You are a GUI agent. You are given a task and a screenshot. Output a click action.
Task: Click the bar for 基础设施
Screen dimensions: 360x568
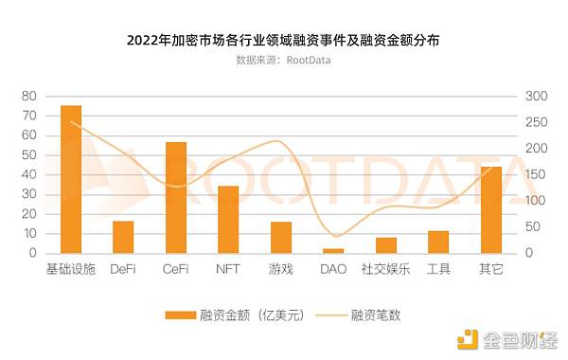point(71,179)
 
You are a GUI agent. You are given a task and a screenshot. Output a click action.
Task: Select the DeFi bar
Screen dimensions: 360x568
point(123,237)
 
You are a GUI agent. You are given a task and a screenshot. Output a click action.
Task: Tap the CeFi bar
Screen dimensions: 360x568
point(176,197)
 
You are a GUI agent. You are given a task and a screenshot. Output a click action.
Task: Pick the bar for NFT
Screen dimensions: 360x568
point(228,219)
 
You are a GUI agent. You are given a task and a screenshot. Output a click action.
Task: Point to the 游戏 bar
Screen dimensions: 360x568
point(281,237)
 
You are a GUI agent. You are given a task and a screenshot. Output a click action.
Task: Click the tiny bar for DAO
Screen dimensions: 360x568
point(333,251)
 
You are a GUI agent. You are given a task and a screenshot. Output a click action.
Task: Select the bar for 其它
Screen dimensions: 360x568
point(490,209)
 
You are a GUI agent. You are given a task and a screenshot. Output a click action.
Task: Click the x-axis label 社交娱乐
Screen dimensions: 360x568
point(385,269)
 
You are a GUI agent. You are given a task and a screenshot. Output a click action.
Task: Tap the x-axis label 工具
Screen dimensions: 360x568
point(438,269)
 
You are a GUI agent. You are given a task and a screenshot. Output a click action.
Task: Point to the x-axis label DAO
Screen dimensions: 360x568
point(333,269)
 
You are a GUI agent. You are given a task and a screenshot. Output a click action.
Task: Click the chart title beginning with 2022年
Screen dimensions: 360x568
point(283,42)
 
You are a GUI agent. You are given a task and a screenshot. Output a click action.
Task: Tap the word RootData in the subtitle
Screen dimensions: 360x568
point(312,61)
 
